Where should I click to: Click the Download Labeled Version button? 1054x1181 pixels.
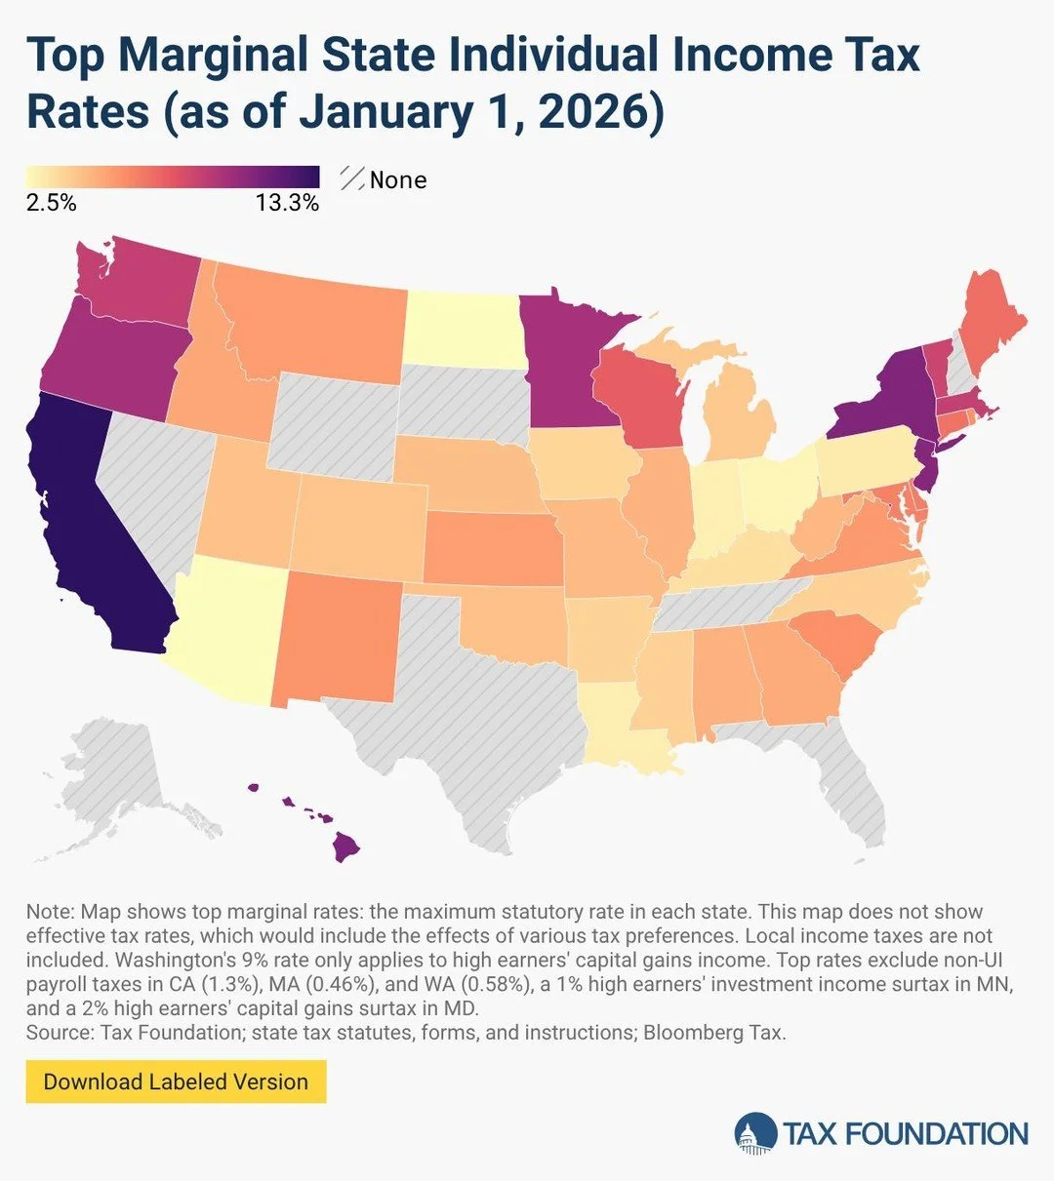coord(176,1082)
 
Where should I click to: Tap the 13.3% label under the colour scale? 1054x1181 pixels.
coord(287,203)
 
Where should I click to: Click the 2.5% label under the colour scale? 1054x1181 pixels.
coord(51,203)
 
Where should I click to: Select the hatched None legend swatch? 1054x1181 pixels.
coord(351,179)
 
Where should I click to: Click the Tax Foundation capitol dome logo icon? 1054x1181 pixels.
coord(755,1133)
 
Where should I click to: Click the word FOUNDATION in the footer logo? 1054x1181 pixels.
coord(936,1134)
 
